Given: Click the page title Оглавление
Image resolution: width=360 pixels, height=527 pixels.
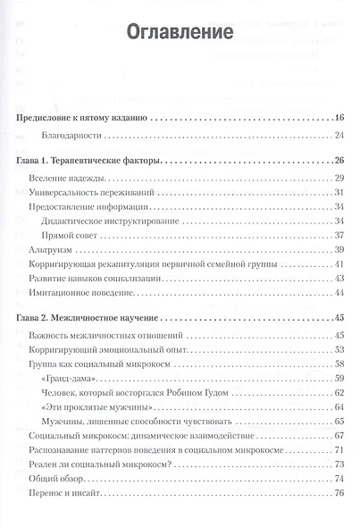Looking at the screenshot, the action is [x=179, y=33].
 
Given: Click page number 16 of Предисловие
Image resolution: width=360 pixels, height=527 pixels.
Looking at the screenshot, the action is [x=338, y=117].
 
